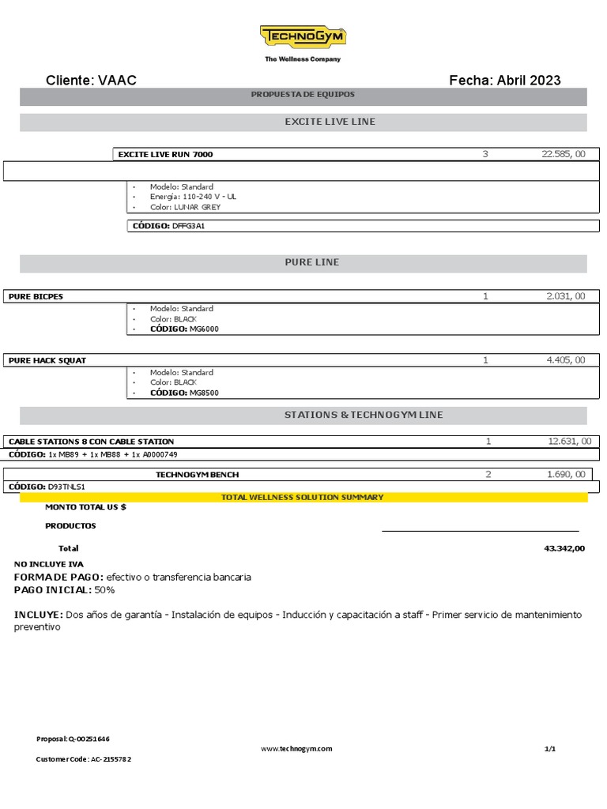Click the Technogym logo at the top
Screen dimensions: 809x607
[x=303, y=37]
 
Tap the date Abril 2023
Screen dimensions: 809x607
[x=529, y=80]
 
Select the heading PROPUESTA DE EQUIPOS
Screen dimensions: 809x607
[x=303, y=95]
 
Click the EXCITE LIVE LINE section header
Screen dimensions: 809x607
[x=330, y=122]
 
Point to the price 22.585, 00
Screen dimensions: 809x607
[x=564, y=154]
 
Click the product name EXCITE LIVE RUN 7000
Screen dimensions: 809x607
[x=165, y=154]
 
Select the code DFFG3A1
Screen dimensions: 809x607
[x=189, y=226]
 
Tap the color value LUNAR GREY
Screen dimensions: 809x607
[x=198, y=207]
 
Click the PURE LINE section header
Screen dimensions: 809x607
[x=311, y=262]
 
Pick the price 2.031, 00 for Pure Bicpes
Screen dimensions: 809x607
[x=566, y=296]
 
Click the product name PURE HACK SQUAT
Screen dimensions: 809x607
[x=47, y=360]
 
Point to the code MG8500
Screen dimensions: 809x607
[x=204, y=392]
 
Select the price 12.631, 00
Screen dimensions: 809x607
[x=569, y=442]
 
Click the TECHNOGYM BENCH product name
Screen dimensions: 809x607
[x=197, y=475]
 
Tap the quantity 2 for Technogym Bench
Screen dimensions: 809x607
[x=488, y=475]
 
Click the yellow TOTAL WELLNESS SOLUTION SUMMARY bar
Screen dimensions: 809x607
[x=303, y=497]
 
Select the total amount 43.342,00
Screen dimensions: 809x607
[x=564, y=548]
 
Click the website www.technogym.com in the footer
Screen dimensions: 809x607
[x=296, y=749]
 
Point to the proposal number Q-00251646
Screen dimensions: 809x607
[x=89, y=739]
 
